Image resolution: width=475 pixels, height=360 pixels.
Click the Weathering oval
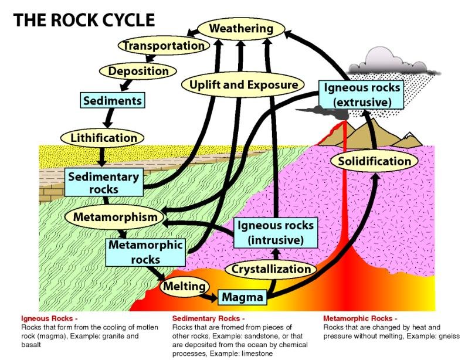pyautogui.click(x=241, y=28)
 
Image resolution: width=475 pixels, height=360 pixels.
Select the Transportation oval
pyautogui.click(x=164, y=45)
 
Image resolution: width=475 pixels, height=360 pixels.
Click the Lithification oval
pyautogui.click(x=103, y=138)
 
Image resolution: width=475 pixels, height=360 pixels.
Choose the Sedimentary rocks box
pyautogui.click(x=103, y=182)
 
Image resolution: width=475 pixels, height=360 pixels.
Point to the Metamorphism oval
pyautogui.click(x=116, y=216)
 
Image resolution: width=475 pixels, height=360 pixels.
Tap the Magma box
pyautogui.click(x=242, y=297)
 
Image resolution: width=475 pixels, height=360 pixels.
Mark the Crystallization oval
pyautogui.click(x=270, y=269)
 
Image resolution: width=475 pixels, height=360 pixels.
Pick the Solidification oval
pyautogui.click(x=374, y=161)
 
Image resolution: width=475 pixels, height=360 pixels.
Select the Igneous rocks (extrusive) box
pyautogui.click(x=362, y=94)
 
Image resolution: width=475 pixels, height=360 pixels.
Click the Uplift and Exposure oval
pyautogui.click(x=243, y=85)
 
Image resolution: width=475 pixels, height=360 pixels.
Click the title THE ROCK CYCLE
pyautogui.click(x=84, y=20)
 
